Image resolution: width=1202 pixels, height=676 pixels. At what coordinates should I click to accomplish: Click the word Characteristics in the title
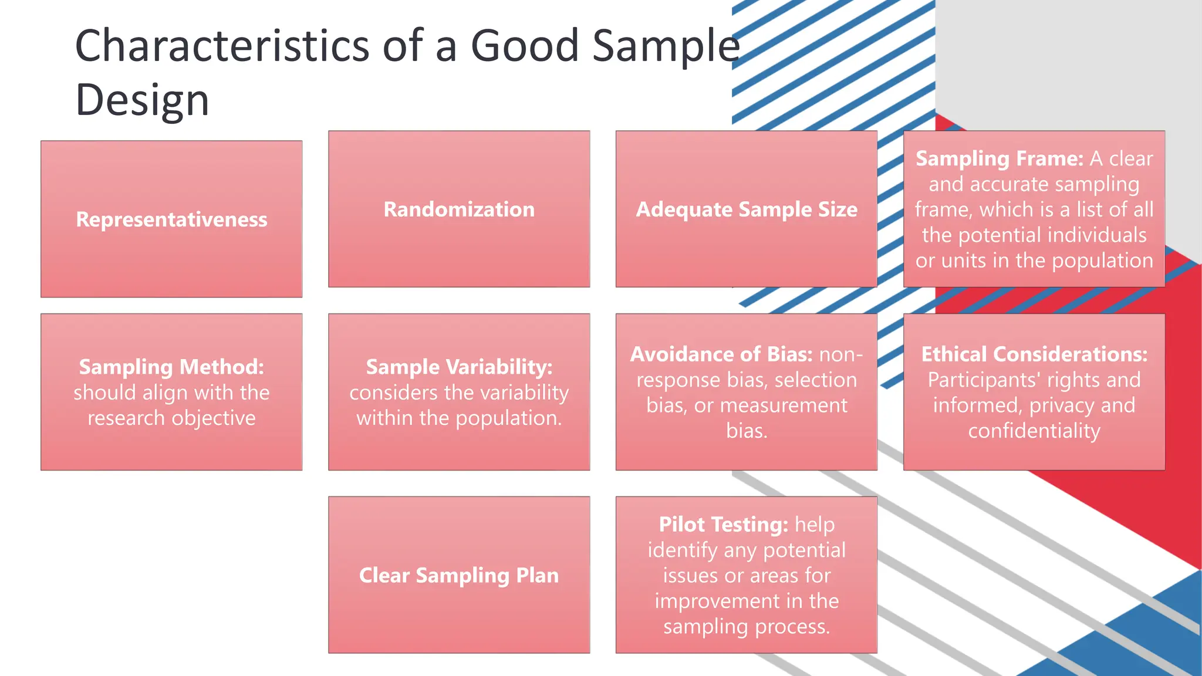tap(222, 46)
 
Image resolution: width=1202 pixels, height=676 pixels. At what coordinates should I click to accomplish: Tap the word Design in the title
tap(142, 100)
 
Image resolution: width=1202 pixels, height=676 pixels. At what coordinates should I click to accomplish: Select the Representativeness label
tap(171, 219)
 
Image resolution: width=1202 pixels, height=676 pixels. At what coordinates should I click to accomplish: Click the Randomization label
tap(459, 209)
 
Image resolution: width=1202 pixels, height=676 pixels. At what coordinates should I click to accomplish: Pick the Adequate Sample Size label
tap(747, 209)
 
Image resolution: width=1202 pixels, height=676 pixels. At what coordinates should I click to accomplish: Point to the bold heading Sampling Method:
tap(171, 367)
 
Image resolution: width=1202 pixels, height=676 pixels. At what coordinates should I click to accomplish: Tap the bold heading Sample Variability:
tap(459, 367)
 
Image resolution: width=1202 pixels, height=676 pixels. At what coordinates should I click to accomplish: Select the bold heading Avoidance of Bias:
tap(721, 354)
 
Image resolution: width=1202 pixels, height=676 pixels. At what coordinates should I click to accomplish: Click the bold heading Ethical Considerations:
tap(1034, 354)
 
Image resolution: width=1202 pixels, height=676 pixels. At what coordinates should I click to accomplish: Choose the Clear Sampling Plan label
tap(459, 575)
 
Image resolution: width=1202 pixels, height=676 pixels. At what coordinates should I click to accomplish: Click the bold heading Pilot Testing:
tap(723, 525)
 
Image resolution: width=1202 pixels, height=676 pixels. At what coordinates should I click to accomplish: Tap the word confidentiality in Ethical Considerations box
tap(1034, 431)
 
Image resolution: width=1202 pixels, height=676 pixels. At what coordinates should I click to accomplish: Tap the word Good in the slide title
tap(525, 46)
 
